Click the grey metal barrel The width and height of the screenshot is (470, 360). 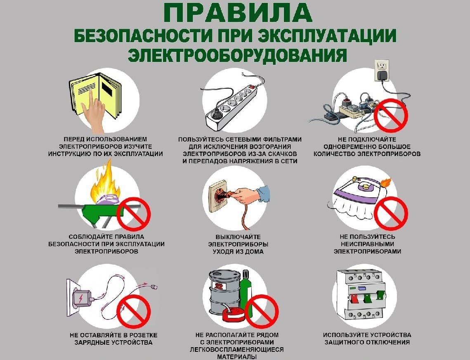coord(224,291)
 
